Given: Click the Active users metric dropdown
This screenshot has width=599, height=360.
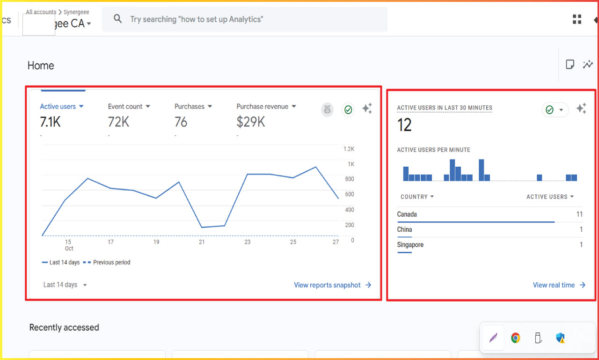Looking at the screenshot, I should point(62,107).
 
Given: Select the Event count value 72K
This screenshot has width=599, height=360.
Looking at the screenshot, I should point(118,122).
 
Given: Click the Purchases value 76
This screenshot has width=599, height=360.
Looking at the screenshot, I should point(181,122).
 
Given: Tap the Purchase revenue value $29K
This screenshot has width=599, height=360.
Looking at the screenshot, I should point(251,122).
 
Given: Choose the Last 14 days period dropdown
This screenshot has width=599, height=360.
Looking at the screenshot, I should point(65,285).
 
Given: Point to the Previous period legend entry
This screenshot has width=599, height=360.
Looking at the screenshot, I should point(111,263).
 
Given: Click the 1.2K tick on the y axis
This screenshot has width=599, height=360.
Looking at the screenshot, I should point(349,149).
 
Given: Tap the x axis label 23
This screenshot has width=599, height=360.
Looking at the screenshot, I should point(247,242).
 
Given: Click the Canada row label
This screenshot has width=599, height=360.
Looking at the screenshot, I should point(407,214).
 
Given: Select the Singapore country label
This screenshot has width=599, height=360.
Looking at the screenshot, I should point(410,245).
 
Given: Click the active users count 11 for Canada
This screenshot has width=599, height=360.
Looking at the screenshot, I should point(579,214).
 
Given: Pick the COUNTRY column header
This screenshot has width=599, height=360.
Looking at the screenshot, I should point(417,197).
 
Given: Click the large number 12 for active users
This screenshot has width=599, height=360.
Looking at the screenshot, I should point(404,125).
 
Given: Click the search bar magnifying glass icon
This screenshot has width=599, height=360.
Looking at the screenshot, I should point(118,19).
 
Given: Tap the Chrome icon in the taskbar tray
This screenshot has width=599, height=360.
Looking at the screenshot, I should point(515,338).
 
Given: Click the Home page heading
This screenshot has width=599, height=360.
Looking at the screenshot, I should point(41,66).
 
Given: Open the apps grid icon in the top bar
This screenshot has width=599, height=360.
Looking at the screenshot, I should point(577,19).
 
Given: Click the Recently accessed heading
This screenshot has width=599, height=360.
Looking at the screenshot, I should point(64,328).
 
